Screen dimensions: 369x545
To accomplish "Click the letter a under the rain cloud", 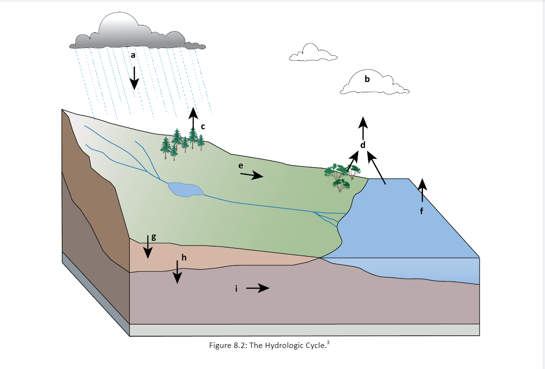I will (x=133, y=55).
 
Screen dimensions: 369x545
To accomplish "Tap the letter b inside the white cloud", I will (x=367, y=78).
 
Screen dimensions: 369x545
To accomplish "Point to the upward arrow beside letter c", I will (x=193, y=120).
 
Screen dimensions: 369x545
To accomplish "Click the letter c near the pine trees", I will (x=203, y=126).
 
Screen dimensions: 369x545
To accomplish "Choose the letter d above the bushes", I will (x=363, y=145).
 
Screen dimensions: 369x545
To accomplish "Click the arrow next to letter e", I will (x=252, y=175).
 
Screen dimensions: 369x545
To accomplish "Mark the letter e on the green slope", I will (x=241, y=166).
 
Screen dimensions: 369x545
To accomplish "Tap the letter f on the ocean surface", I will (x=423, y=211).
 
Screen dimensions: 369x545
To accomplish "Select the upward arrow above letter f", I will (x=422, y=191).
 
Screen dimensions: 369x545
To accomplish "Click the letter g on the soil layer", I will (x=154, y=237).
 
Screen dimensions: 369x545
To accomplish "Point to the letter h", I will (x=184, y=257).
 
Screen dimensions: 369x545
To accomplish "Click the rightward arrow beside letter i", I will (x=258, y=288).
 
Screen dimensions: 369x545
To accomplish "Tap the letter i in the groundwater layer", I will (x=236, y=289).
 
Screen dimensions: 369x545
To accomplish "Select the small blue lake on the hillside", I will (x=184, y=189).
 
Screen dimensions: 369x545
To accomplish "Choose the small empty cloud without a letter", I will (x=312, y=53).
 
